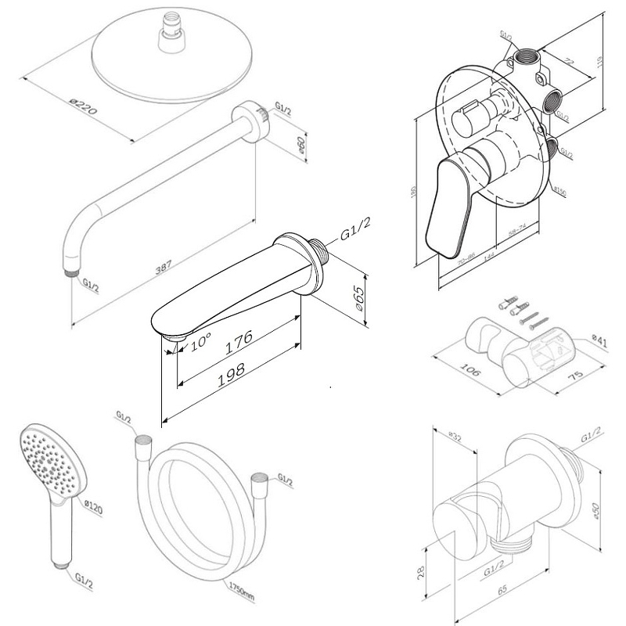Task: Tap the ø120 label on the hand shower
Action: point(92,508)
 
